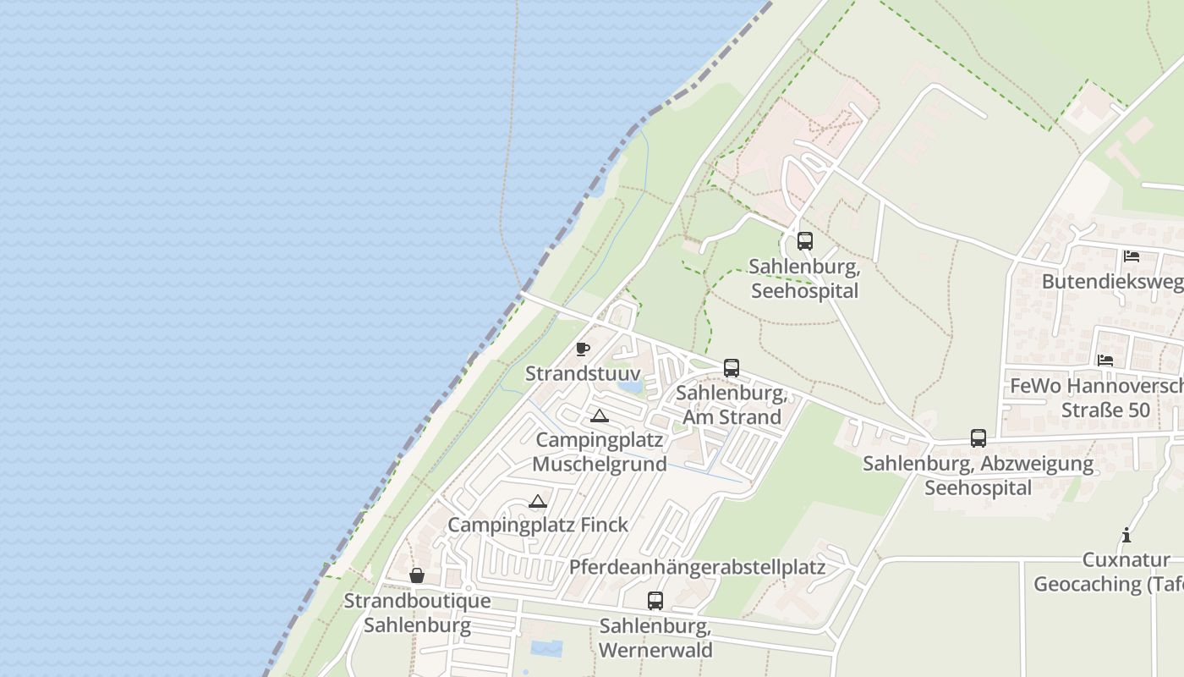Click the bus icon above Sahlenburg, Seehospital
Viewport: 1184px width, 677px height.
(x=805, y=240)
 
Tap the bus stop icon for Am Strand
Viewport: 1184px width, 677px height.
(x=732, y=368)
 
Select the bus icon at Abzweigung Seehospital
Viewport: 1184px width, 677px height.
(x=978, y=438)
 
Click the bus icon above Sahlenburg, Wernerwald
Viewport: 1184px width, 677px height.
(x=655, y=601)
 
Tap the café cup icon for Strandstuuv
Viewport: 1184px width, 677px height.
(x=583, y=349)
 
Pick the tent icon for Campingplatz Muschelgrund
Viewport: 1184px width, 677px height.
(x=600, y=416)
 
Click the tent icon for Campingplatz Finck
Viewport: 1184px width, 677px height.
(x=538, y=501)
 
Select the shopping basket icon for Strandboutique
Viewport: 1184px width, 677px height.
(x=417, y=575)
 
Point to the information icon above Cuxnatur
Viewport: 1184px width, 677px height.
(x=1126, y=535)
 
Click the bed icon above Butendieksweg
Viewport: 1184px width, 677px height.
(x=1132, y=256)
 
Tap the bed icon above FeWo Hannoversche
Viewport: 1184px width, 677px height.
(x=1105, y=361)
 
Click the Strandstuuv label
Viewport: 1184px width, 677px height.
(x=583, y=373)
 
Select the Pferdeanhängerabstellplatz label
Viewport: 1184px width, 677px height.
(x=697, y=566)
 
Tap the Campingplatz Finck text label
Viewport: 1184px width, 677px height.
(x=538, y=525)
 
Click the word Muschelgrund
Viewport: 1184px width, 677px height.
(x=600, y=464)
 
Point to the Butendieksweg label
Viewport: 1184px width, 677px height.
(x=1112, y=281)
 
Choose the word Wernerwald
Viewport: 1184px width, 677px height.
(x=655, y=650)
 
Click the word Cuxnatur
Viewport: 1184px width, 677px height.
(x=1126, y=560)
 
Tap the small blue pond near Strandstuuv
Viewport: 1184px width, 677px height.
(x=630, y=388)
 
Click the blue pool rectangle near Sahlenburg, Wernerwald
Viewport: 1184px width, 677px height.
(x=545, y=648)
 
